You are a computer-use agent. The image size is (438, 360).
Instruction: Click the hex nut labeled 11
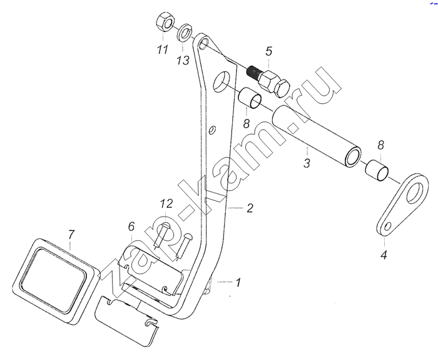pyautogui.click(x=165, y=23)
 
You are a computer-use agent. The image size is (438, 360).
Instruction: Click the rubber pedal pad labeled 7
pyautogui.click(x=56, y=281)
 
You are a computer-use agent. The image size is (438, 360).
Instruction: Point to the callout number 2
pyautogui.click(x=250, y=208)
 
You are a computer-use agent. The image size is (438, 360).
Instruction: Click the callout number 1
pyautogui.click(x=238, y=282)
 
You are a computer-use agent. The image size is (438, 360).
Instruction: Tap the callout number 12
pyautogui.click(x=166, y=203)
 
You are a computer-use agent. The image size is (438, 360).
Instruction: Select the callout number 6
pyautogui.click(x=131, y=227)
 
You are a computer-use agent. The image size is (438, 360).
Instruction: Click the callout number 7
pyautogui.click(x=71, y=235)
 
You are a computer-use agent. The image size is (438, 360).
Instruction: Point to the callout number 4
pyautogui.click(x=384, y=255)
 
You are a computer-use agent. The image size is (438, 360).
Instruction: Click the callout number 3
pyautogui.click(x=307, y=163)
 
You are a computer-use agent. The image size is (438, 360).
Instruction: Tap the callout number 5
pyautogui.click(x=268, y=51)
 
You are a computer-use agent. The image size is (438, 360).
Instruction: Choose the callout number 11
pyautogui.click(x=163, y=49)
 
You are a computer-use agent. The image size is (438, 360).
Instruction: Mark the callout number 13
pyautogui.click(x=183, y=60)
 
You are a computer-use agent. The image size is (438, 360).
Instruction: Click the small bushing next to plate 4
pyautogui.click(x=377, y=170)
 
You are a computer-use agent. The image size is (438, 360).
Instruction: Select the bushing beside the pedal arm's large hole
pyautogui.click(x=250, y=98)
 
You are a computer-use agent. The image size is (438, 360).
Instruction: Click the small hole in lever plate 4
pyautogui.click(x=387, y=226)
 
